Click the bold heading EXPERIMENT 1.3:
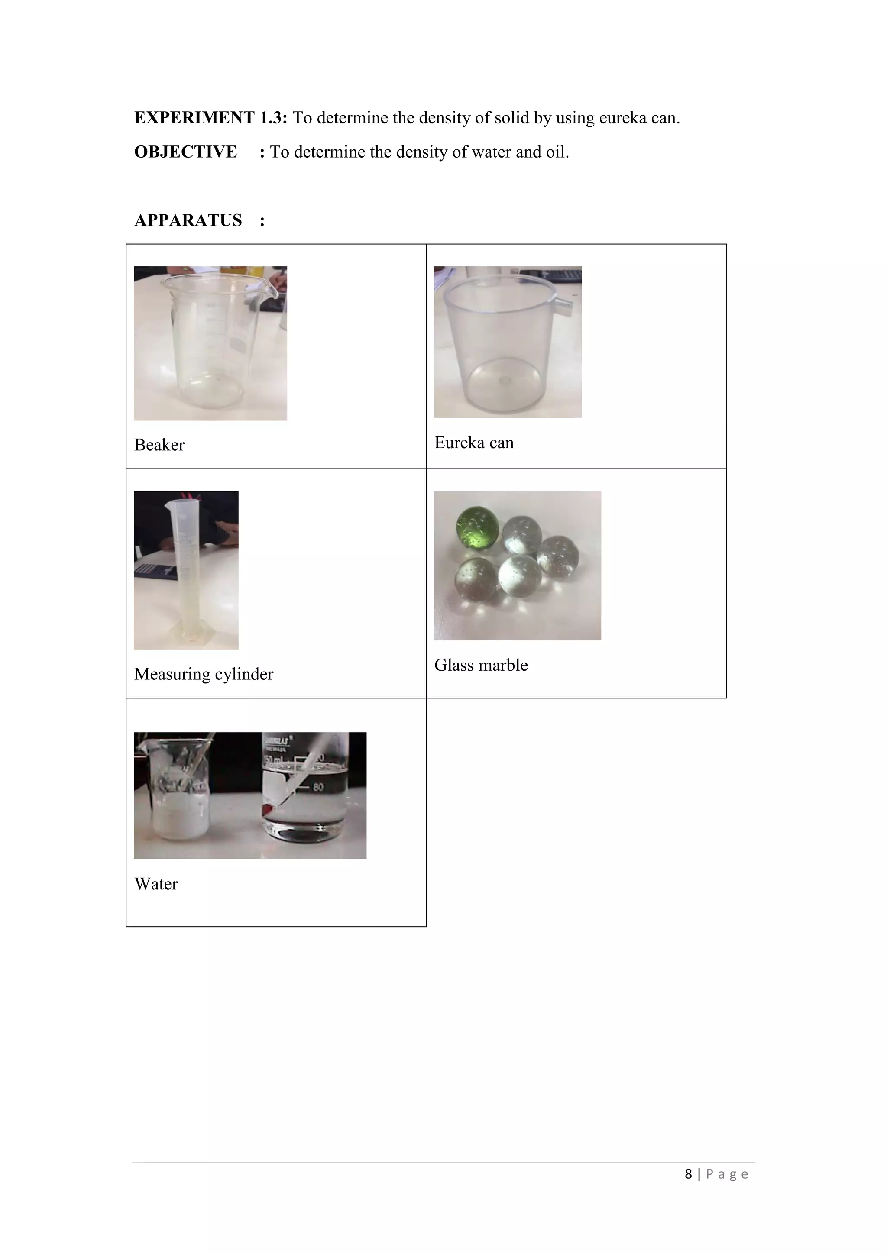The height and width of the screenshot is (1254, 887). (210, 118)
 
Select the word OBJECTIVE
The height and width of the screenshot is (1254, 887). (186, 152)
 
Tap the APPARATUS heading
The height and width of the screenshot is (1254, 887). (188, 220)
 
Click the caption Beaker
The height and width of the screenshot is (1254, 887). (159, 445)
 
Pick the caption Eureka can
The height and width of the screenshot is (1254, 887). (473, 443)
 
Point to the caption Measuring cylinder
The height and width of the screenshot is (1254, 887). (203, 674)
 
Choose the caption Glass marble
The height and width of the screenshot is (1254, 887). (481, 665)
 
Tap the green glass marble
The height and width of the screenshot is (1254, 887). (477, 527)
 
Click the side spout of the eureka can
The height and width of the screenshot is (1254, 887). (566, 307)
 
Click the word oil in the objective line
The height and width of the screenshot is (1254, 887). (557, 152)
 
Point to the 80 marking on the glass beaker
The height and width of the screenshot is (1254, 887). (318, 787)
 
